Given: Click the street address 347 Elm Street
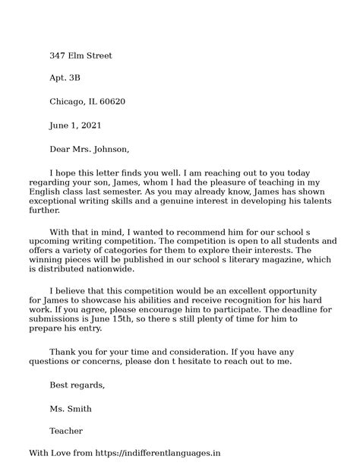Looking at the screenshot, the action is click(x=81, y=55).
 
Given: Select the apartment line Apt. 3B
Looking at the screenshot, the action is click(x=65, y=78).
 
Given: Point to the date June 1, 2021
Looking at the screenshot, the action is click(x=75, y=125).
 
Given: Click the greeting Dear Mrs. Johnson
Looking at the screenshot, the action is click(x=90, y=148).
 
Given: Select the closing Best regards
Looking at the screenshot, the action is click(x=77, y=385).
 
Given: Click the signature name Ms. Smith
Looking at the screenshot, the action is click(x=71, y=409).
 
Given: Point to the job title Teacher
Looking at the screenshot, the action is click(x=66, y=432).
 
